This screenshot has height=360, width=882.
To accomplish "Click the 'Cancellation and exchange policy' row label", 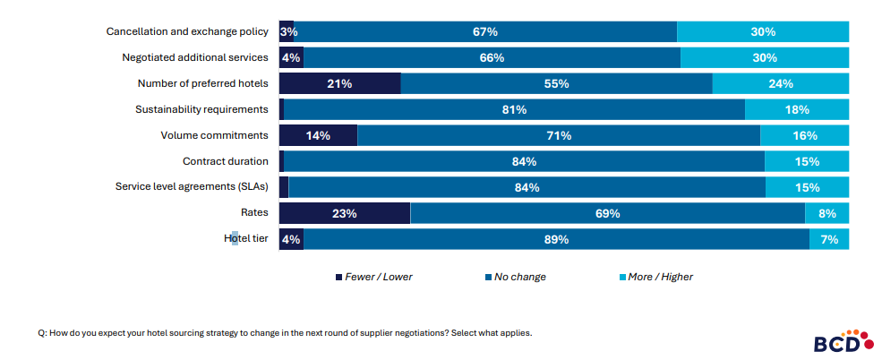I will [187, 31].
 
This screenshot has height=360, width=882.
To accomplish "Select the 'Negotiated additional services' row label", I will [195, 57].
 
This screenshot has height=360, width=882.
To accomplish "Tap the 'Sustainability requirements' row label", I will [201, 109].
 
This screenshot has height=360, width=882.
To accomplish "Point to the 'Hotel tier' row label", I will [245, 239].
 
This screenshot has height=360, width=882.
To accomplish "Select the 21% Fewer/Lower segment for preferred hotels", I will [339, 84].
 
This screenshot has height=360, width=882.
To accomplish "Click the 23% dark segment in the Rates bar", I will [345, 214].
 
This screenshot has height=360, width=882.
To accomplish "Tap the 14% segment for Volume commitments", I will [318, 136].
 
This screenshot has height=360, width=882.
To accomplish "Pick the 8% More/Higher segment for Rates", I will [826, 214].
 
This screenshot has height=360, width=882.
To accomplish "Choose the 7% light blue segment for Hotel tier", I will [829, 240].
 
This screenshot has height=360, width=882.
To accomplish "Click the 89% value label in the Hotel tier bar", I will [556, 240].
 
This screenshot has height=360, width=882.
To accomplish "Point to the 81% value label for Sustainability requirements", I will [514, 110].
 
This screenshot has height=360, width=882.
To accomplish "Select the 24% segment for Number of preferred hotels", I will [780, 84].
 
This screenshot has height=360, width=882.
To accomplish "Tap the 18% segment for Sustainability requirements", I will [796, 110].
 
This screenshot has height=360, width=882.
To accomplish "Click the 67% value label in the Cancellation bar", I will [485, 32].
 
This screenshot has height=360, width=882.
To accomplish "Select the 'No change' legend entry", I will [515, 277].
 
